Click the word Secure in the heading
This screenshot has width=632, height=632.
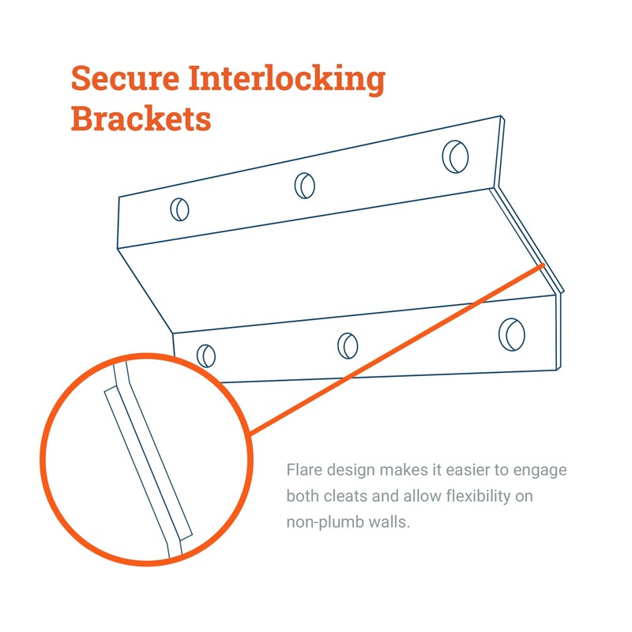[x=125, y=77]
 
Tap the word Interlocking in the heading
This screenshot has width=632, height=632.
[x=287, y=80]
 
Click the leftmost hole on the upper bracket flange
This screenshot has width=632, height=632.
[x=179, y=209]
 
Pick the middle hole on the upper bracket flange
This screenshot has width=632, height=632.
[x=305, y=186]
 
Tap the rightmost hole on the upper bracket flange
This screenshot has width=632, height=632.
[x=455, y=156]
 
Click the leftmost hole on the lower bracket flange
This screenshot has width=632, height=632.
[x=206, y=356]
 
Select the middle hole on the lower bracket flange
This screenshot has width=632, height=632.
[x=348, y=346]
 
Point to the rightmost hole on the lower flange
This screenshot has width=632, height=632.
[x=511, y=334]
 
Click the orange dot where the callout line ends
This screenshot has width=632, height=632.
[x=543, y=265]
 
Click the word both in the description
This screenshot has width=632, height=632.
[x=303, y=496]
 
